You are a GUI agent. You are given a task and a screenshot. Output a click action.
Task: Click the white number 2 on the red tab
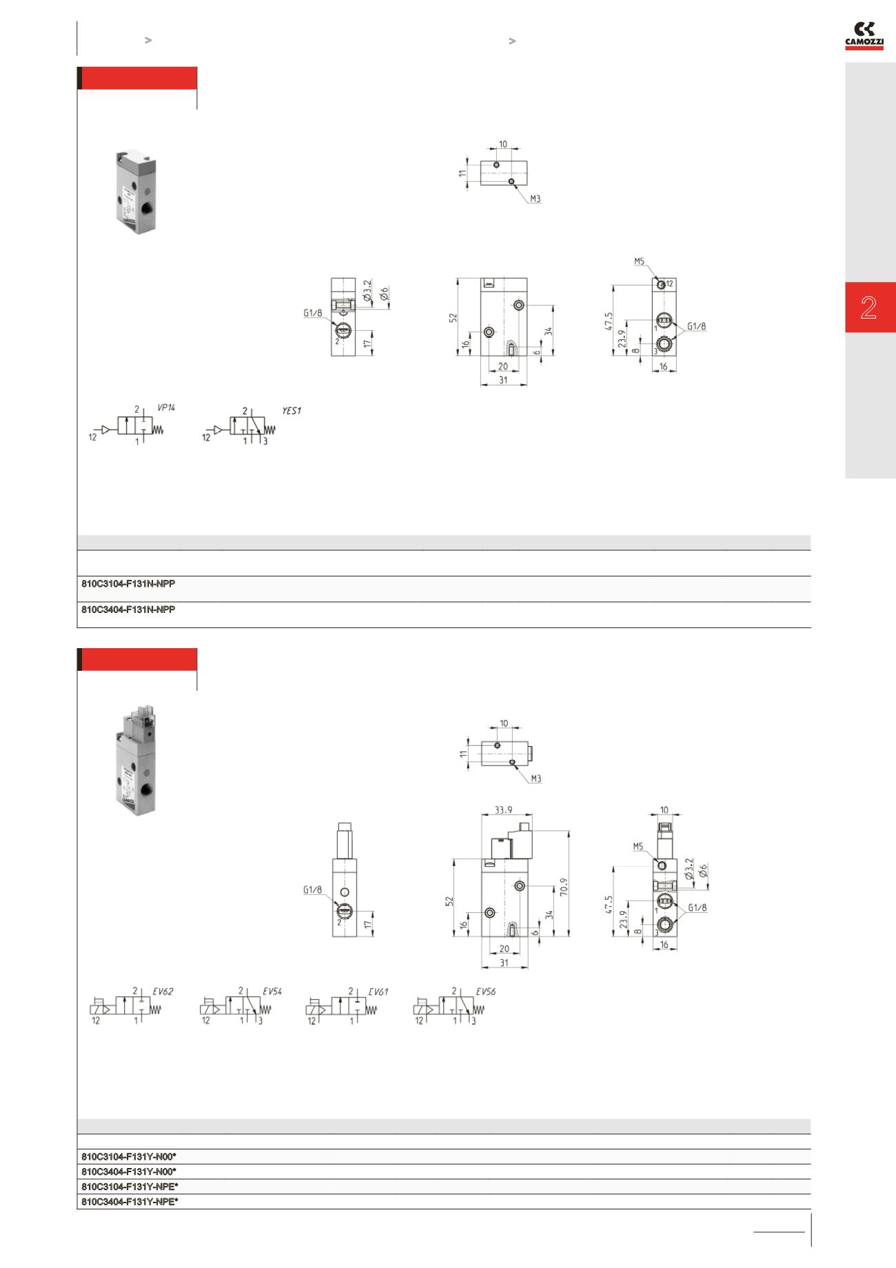coord(868,308)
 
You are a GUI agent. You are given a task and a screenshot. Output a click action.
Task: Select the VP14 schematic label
coord(166,407)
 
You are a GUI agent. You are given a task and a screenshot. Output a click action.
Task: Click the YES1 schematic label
coord(292,410)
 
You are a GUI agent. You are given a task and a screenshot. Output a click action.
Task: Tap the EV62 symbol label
coord(163,992)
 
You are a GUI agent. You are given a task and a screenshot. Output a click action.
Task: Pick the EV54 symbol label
coord(272,992)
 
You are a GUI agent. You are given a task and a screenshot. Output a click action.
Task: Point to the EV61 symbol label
coord(378,992)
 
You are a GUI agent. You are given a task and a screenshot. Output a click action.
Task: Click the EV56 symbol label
coord(485,992)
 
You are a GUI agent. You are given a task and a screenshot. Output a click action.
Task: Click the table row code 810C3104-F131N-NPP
coord(128,583)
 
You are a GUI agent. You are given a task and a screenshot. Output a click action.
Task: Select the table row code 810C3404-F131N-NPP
coord(128,610)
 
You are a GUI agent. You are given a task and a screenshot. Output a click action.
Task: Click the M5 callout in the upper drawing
coord(639,261)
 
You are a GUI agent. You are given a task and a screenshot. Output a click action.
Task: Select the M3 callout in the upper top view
coord(536,199)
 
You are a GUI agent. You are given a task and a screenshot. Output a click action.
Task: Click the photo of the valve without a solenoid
coord(136,193)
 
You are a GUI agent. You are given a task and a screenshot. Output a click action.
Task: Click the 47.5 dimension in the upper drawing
coord(608,322)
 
